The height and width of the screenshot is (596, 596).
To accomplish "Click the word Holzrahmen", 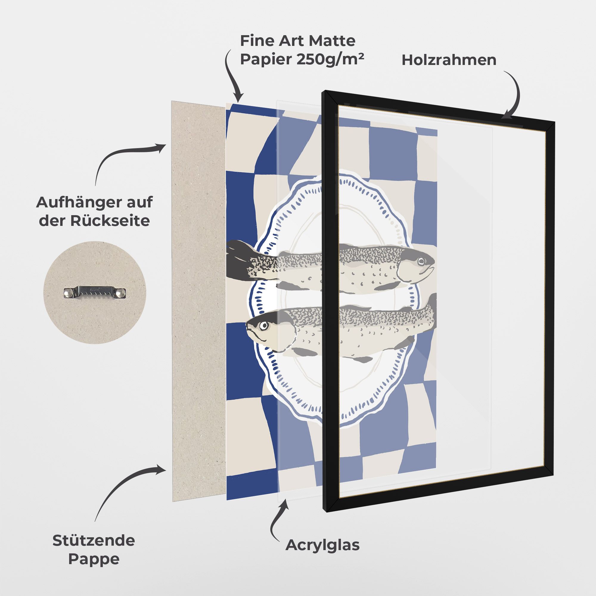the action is [x=449, y=60].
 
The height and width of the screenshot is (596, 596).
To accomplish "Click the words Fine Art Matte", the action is [x=298, y=41].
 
